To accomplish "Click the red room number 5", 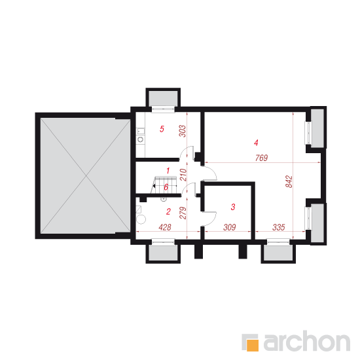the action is pyautogui.click(x=162, y=129).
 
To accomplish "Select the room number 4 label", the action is pyautogui.click(x=256, y=143).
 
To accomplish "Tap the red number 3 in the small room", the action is pyautogui.click(x=233, y=207).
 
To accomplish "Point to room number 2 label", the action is pyautogui.click(x=168, y=211).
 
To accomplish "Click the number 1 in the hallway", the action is pyautogui.click(x=168, y=171).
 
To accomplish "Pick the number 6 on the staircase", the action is pyautogui.click(x=166, y=187).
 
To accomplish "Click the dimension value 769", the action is pyautogui.click(x=262, y=158).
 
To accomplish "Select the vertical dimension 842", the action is pyautogui.click(x=289, y=181).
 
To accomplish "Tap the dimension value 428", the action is pyautogui.click(x=165, y=227).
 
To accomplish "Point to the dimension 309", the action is pyautogui.click(x=230, y=227).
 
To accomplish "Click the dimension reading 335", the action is pyautogui.click(x=279, y=227).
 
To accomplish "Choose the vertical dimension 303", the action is pyautogui.click(x=183, y=131).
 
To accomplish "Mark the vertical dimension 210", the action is pyautogui.click(x=183, y=175).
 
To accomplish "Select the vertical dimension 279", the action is pyautogui.click(x=183, y=213).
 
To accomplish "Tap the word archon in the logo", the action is pyautogui.click(x=306, y=342).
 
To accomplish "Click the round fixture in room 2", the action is pyautogui.click(x=141, y=219).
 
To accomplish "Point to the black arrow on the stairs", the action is pyautogui.click(x=154, y=186).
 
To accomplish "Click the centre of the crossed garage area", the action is pyautogui.click(x=86, y=176).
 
